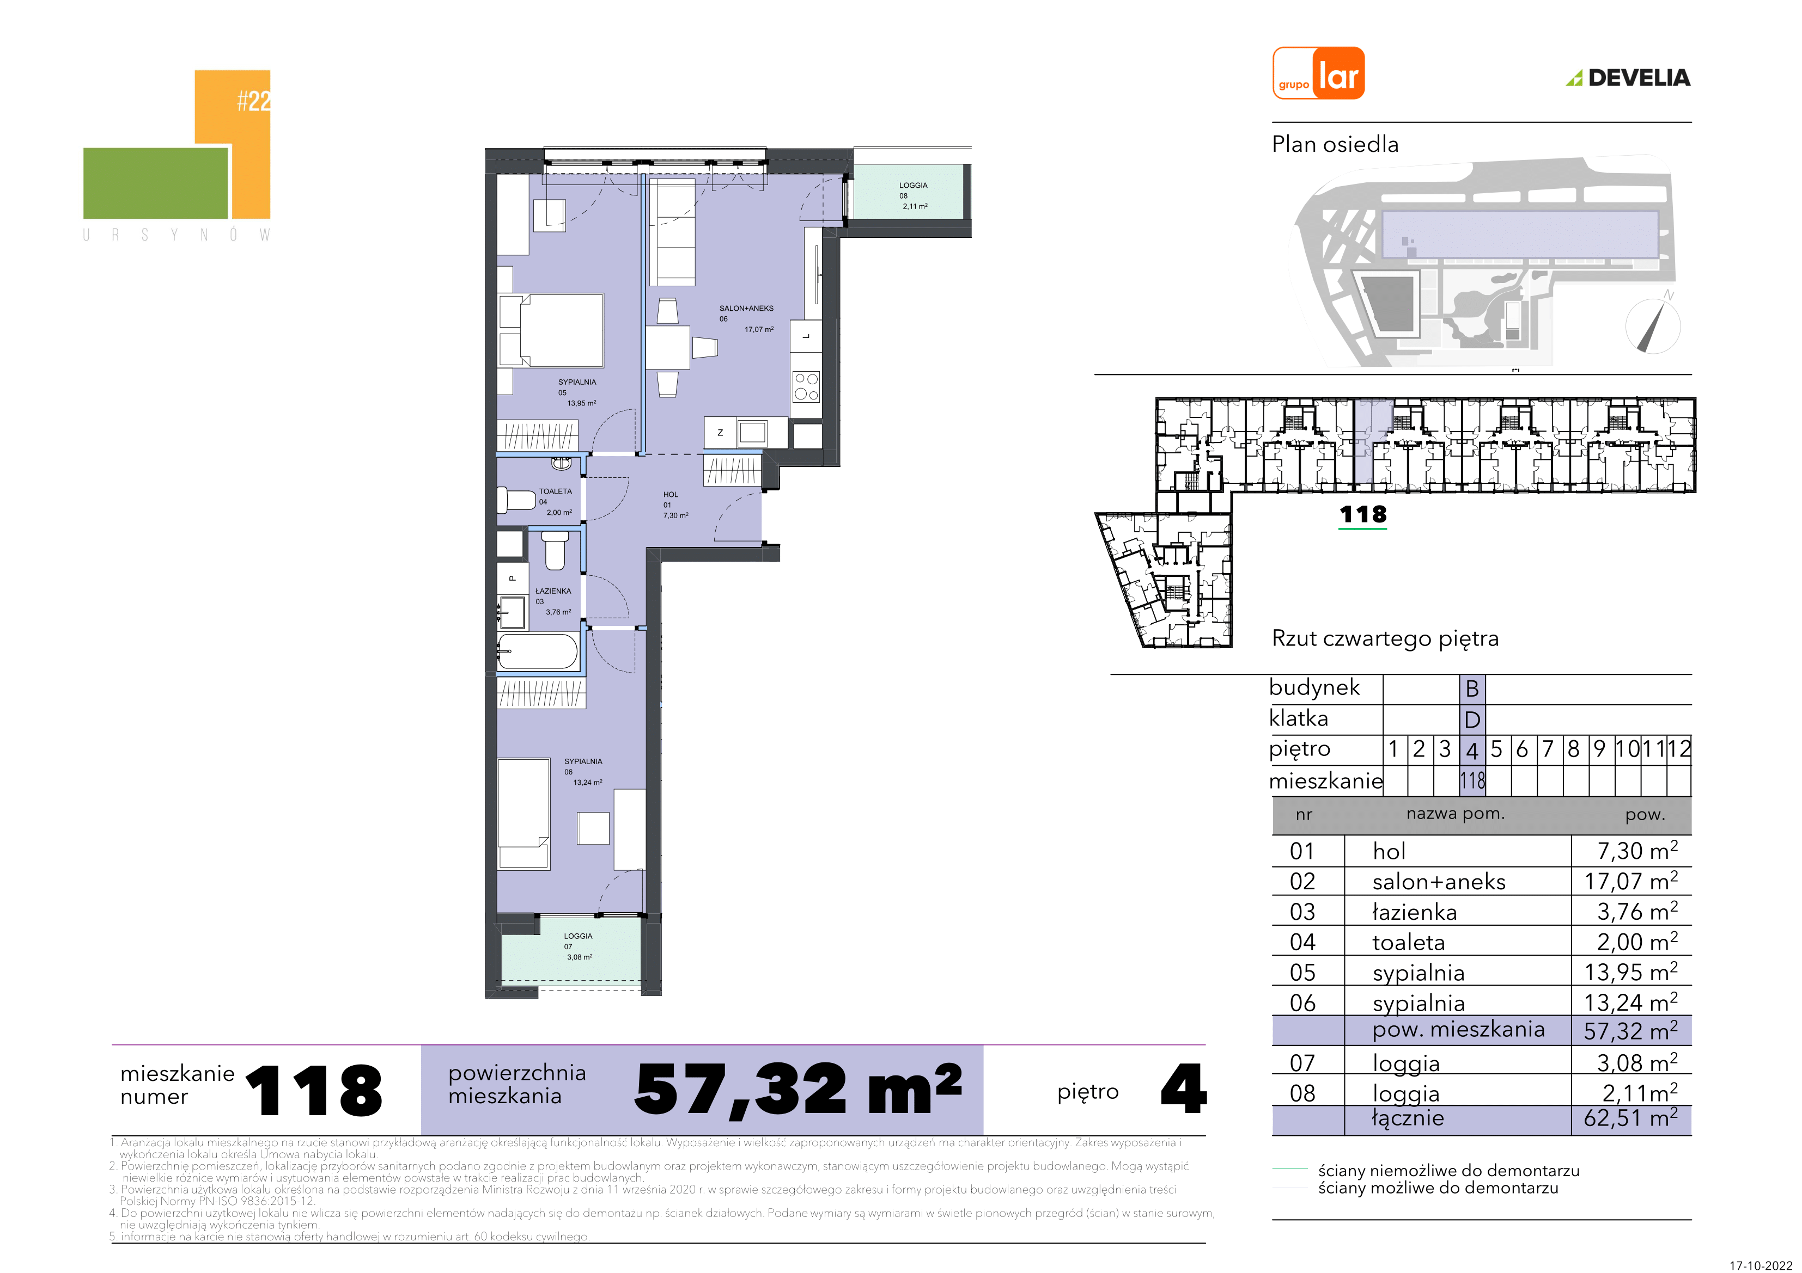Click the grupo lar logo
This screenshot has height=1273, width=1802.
[x=1318, y=73]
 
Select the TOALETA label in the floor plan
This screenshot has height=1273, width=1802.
[x=555, y=491]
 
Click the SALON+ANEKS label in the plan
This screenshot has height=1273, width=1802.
[x=746, y=308]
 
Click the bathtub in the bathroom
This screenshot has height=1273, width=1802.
[x=538, y=651]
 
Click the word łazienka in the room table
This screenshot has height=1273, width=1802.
[x=1414, y=912]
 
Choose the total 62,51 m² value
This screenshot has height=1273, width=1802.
[x=1630, y=1118]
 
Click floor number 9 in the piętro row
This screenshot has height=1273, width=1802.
[x=1599, y=749]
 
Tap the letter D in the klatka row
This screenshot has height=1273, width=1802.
[x=1472, y=719]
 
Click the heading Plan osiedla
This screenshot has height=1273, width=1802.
[x=1335, y=144]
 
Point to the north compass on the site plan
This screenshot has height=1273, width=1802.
[x=1653, y=324]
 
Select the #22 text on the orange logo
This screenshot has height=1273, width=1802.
[x=253, y=100]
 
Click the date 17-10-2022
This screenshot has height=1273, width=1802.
[x=1761, y=1264]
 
